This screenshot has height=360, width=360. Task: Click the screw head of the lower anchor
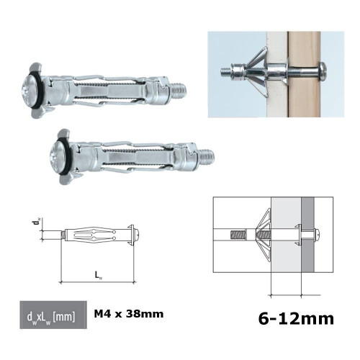[x=62, y=152]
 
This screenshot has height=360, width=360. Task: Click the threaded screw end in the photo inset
[x=228, y=71]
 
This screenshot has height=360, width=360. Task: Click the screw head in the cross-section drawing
[x=318, y=235]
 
